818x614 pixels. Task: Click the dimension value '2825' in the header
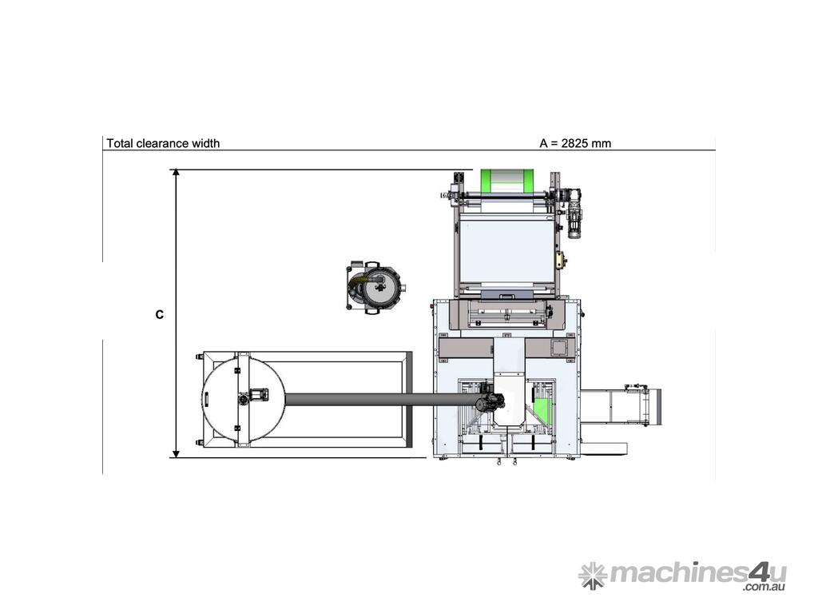click(575, 143)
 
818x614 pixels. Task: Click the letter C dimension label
click(160, 315)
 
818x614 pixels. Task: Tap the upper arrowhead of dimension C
click(177, 173)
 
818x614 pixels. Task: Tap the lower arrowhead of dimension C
click(177, 453)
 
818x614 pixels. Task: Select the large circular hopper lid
click(243, 400)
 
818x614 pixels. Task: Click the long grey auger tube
click(381, 400)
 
